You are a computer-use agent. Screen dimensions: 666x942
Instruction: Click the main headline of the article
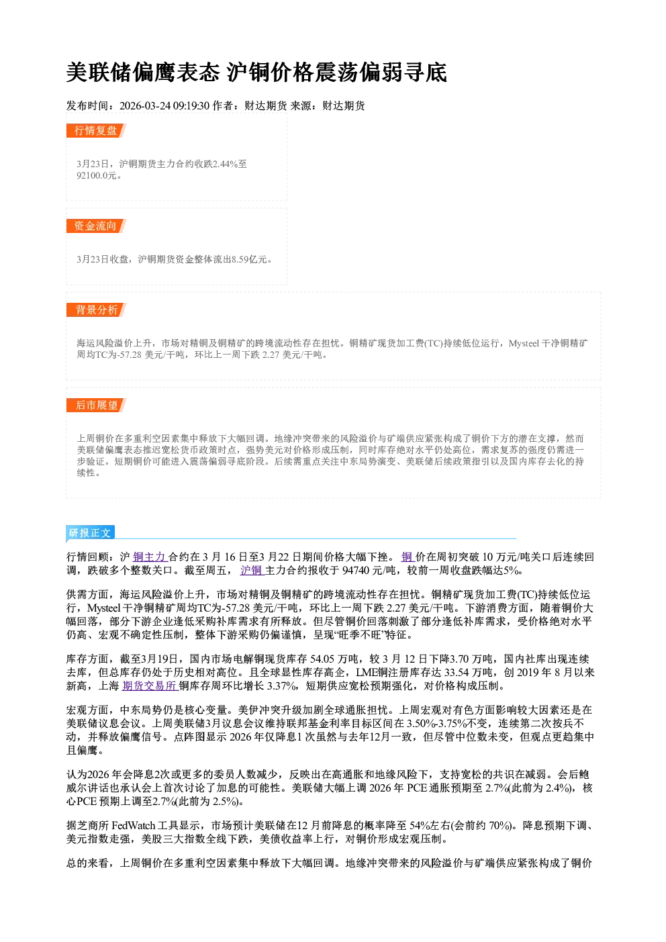pyautogui.click(x=256, y=72)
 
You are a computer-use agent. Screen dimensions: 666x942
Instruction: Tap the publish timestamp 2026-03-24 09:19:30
pyautogui.click(x=164, y=105)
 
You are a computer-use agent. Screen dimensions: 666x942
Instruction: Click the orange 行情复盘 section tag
pyautogui.click(x=96, y=130)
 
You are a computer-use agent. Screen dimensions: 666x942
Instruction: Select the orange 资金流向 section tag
pyautogui.click(x=96, y=226)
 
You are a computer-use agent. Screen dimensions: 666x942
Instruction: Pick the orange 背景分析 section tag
pyautogui.click(x=96, y=310)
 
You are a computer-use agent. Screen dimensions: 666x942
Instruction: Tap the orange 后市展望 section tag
pyautogui.click(x=96, y=406)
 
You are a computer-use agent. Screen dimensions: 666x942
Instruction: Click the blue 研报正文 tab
pyautogui.click(x=90, y=533)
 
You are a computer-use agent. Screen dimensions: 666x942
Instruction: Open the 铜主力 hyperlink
pyautogui.click(x=150, y=557)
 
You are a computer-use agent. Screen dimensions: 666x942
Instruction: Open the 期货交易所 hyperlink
pyautogui.click(x=150, y=686)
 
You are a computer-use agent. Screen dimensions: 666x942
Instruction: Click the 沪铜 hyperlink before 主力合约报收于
pyautogui.click(x=252, y=570)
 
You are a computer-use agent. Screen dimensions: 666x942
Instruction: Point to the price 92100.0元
pyautogui.click(x=96, y=175)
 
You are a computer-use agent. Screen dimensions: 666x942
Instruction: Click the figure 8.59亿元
pyautogui.click(x=249, y=259)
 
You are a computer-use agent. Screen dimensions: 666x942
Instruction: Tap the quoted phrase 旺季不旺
pyautogui.click(x=362, y=634)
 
